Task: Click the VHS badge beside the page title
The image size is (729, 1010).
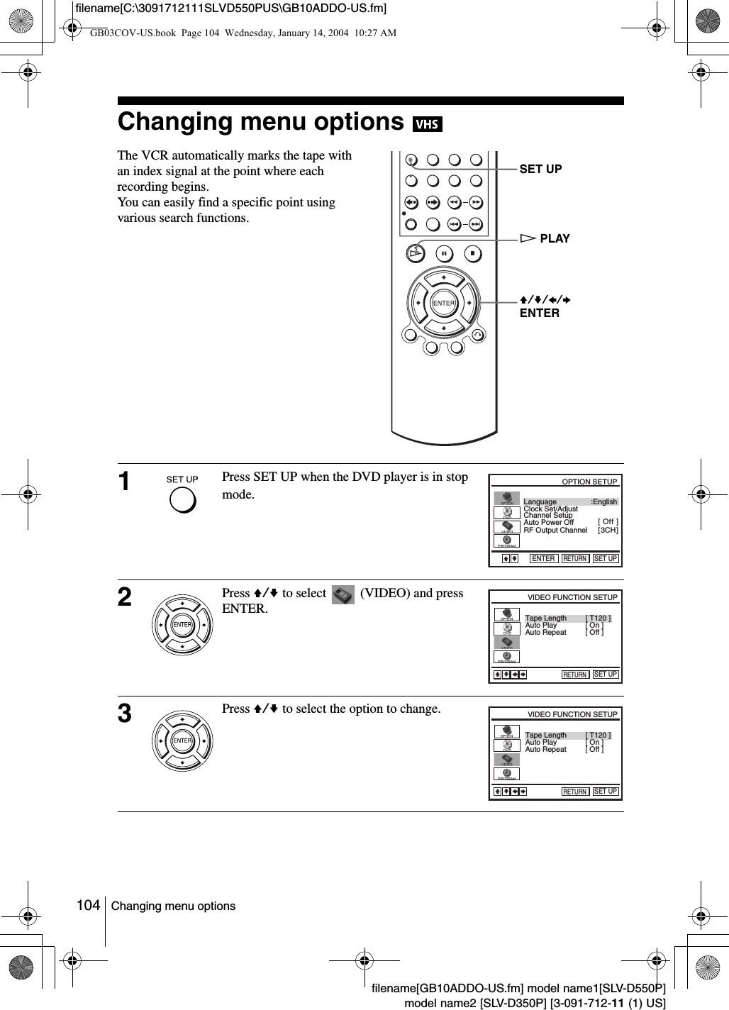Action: click(x=427, y=125)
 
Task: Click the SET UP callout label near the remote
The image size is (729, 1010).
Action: click(x=540, y=169)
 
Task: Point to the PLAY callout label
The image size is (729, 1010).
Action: click(x=554, y=238)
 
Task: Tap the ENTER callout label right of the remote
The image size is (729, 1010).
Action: click(x=540, y=313)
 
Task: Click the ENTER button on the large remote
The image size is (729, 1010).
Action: click(x=444, y=303)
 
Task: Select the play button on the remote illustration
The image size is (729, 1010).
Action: click(x=415, y=252)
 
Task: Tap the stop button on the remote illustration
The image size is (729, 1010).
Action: click(x=473, y=252)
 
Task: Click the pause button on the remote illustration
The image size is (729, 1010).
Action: click(x=444, y=252)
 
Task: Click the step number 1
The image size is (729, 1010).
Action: click(x=125, y=482)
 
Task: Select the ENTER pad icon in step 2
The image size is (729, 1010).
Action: click(x=182, y=625)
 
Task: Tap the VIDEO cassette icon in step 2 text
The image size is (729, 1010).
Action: click(x=343, y=595)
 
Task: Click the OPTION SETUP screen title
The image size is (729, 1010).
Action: click(x=589, y=482)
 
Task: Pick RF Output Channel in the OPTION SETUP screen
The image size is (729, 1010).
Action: click(x=555, y=530)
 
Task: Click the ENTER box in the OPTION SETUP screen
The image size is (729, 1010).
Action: click(x=543, y=558)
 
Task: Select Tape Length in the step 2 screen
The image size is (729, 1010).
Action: click(x=546, y=618)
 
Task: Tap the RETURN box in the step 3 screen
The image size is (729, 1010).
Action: click(x=575, y=792)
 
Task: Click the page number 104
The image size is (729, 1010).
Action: click(x=88, y=905)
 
